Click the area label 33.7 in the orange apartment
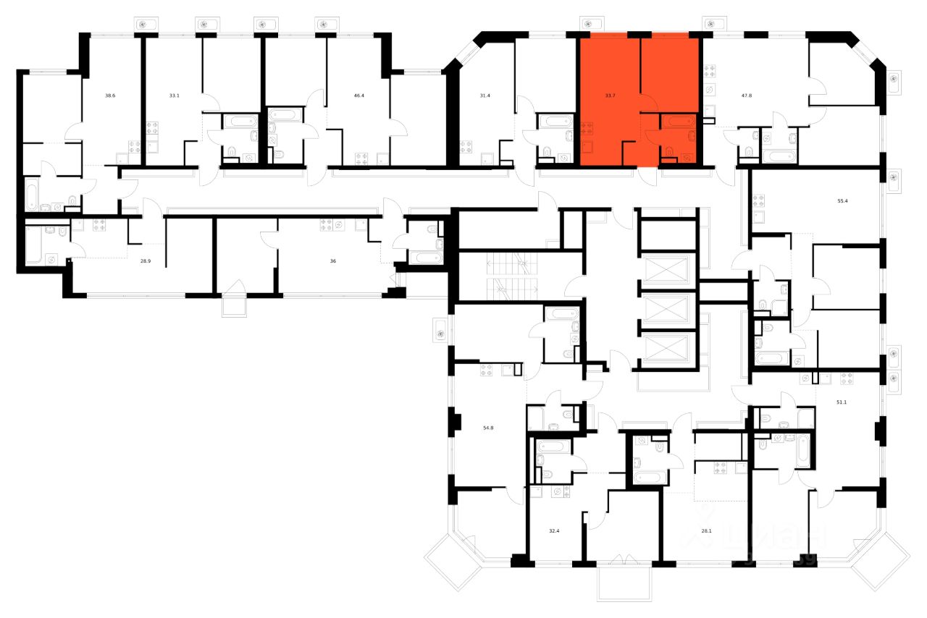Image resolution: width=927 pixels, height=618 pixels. (x=610, y=95)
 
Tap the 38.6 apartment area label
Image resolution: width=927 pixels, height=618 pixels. (x=110, y=95)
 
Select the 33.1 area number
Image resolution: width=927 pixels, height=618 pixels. (x=175, y=95)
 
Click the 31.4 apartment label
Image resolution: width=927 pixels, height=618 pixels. (x=485, y=95)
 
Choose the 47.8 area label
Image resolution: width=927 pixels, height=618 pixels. (x=737, y=95)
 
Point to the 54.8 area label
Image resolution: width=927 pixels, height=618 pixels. (x=487, y=428)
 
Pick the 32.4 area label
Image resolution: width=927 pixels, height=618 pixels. (x=554, y=530)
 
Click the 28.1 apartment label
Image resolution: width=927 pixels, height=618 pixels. (x=706, y=530)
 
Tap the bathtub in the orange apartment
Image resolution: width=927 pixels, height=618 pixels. (x=679, y=122)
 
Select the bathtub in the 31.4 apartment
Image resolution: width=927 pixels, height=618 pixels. (x=555, y=122)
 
